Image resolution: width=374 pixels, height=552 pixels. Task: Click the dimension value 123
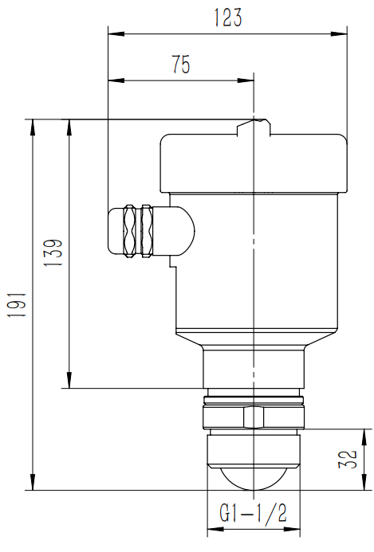[228, 18]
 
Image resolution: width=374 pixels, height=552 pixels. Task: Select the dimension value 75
[181, 65]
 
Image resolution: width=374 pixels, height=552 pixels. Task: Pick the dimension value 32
[348, 460]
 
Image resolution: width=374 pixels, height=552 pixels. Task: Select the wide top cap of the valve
[254, 163]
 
